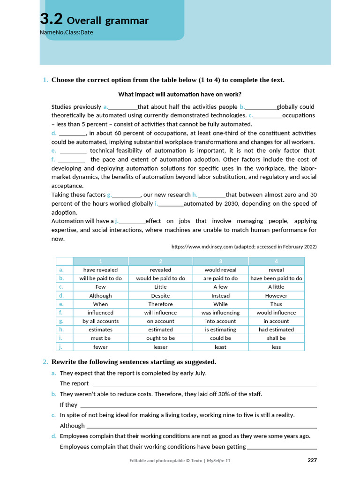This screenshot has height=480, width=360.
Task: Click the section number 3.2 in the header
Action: (51, 19)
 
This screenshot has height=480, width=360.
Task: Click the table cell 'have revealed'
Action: (100, 270)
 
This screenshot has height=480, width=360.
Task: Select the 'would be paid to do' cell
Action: (160, 278)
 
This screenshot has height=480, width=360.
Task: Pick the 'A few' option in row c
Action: (220, 287)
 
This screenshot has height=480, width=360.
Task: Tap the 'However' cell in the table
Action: (276, 296)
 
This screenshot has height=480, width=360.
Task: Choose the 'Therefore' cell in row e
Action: (160, 304)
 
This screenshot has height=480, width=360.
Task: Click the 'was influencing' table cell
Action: (220, 313)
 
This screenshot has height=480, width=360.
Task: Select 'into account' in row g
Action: (220, 321)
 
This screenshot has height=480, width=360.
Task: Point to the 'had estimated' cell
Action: (276, 330)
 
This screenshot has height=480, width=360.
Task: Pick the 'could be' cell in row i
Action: (220, 338)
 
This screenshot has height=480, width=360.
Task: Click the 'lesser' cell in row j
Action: (160, 347)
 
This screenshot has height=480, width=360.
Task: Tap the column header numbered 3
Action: (220, 261)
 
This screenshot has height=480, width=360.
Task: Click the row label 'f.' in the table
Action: (61, 313)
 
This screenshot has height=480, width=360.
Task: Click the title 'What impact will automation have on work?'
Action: (180, 94)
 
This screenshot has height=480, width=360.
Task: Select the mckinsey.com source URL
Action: (244, 247)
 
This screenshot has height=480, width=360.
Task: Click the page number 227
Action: (312, 460)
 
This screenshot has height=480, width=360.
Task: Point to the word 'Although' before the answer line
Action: (72, 426)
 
